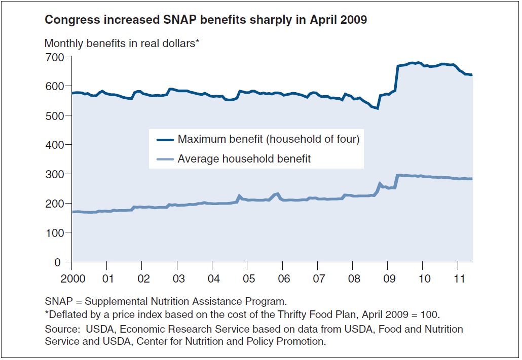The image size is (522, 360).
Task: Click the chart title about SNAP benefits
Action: click(x=205, y=20)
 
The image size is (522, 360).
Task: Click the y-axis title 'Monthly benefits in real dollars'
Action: click(x=122, y=44)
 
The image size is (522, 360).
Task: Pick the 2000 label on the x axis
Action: click(x=71, y=279)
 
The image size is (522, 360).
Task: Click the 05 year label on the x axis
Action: click(x=247, y=279)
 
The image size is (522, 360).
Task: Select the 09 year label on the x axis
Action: click(x=388, y=279)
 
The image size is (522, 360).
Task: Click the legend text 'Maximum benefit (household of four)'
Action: click(x=268, y=139)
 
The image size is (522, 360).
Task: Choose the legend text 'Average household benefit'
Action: click(x=244, y=159)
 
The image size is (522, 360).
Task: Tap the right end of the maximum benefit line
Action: click(x=472, y=75)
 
